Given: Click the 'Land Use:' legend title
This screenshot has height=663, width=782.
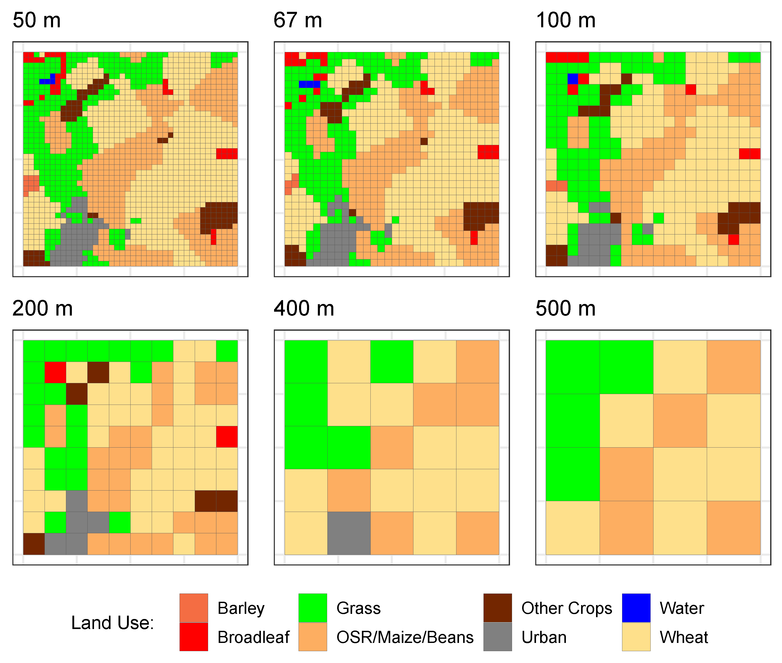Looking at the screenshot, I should tap(113, 623).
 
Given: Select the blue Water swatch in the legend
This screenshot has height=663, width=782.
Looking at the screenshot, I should tap(636, 608).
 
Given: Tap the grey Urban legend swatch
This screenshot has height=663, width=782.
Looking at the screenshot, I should tap(497, 637).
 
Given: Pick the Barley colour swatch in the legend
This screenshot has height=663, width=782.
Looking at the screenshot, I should tap(193, 608).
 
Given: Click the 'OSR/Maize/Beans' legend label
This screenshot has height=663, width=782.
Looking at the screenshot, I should tap(405, 638).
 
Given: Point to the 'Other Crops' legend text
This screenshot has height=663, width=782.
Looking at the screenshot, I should tap(566, 608).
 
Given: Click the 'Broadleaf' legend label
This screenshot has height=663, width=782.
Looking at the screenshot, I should tap(253, 638).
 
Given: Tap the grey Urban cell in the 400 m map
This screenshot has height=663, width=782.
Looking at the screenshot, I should tap(349, 533).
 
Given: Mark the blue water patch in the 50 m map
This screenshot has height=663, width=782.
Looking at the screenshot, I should tap(47, 81).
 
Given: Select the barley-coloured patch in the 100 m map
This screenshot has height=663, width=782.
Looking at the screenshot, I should tap(556, 186).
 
